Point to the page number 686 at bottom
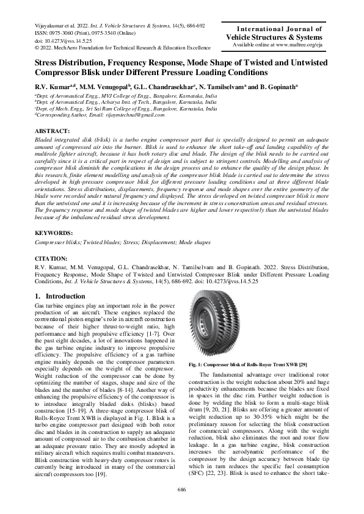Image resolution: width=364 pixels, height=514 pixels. [x=181, y=489]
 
